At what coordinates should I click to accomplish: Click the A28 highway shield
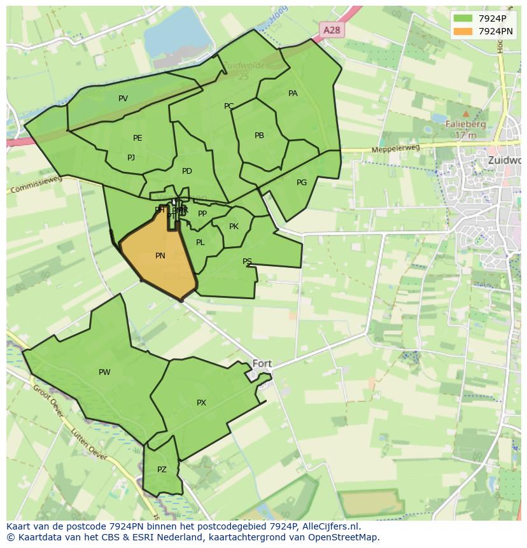[331, 30]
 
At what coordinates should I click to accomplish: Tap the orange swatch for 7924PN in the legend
[463, 31]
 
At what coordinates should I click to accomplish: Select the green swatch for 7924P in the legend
[463, 18]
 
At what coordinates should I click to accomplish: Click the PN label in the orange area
[160, 256]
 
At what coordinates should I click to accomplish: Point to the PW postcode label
[104, 372]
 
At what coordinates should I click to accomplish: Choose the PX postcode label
[201, 403]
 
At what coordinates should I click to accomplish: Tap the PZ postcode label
[162, 470]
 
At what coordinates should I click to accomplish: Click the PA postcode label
[293, 94]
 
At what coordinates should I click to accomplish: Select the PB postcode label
[259, 136]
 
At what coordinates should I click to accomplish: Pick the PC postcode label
[228, 106]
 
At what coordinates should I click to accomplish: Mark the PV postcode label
[123, 99]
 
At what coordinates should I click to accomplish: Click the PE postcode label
[137, 138]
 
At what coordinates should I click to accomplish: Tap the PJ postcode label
[131, 158]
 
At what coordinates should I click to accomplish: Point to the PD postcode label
[186, 171]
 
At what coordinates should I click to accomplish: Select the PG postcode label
[302, 183]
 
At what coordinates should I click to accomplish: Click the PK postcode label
[234, 227]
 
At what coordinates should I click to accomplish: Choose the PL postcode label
[200, 242]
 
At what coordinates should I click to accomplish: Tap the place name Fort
[262, 363]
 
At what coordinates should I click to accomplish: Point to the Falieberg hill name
[466, 125]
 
